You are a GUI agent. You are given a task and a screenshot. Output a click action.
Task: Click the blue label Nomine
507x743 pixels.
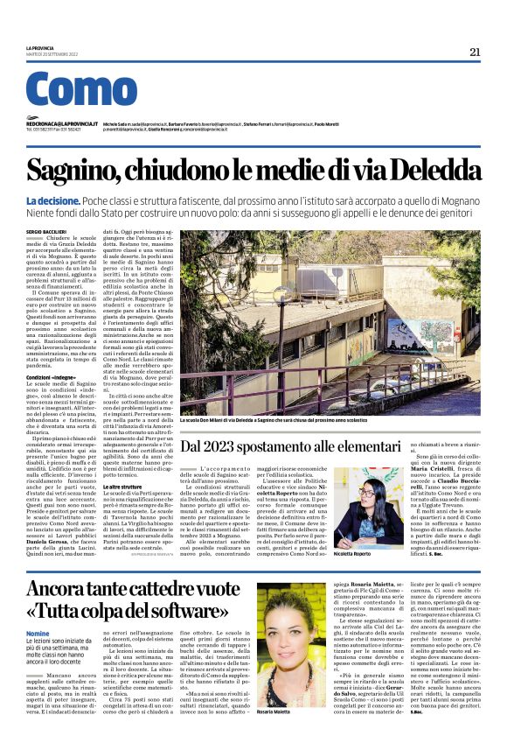tap(38, 634)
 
